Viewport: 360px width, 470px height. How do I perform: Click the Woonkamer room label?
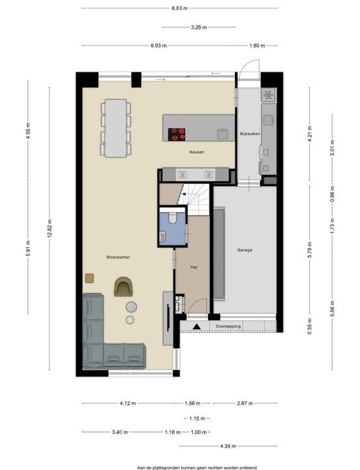tap(118, 257)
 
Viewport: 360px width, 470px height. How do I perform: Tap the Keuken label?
tap(197, 152)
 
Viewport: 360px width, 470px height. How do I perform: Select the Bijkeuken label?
tap(250, 134)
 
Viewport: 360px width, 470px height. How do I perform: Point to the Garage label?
tap(245, 249)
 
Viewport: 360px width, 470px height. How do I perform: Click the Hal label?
tap(194, 266)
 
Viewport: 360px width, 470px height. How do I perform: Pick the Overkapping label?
tap(228, 326)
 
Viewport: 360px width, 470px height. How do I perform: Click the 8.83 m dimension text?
tap(180, 8)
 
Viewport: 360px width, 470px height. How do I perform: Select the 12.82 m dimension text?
tap(50, 228)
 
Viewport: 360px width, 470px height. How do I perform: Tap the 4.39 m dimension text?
tap(228, 446)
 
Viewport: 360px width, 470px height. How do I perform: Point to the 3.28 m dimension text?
tap(199, 27)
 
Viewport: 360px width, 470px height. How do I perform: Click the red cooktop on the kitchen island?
tap(177, 134)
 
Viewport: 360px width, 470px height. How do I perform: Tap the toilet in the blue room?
tap(172, 217)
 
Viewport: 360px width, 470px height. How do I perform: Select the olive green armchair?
tap(123, 287)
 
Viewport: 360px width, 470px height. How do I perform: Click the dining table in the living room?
tap(116, 128)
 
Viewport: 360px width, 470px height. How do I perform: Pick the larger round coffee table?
tap(131, 307)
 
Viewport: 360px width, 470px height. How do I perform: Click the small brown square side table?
tap(89, 278)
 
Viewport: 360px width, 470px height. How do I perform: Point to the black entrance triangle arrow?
tap(196, 326)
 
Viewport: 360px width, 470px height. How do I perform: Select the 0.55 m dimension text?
tap(310, 326)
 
